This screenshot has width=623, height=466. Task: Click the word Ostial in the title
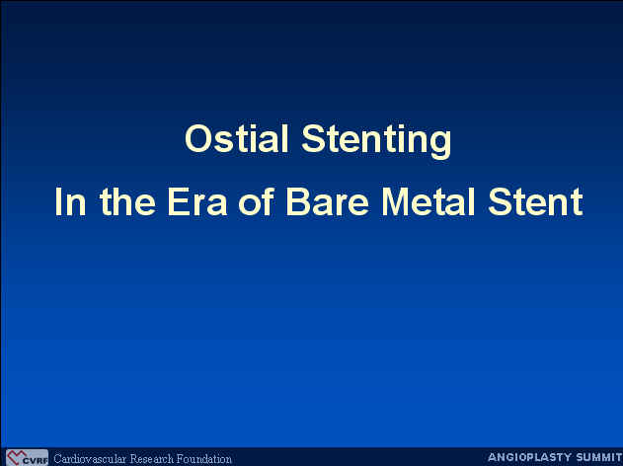(x=236, y=138)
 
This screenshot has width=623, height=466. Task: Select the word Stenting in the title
(x=376, y=141)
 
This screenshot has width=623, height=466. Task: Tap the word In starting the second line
(x=70, y=201)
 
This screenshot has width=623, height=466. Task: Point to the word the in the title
(x=127, y=201)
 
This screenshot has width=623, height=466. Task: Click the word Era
(x=197, y=201)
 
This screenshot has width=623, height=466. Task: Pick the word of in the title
(x=257, y=201)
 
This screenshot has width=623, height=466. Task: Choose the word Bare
(x=328, y=201)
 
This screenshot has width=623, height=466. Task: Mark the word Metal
(x=428, y=201)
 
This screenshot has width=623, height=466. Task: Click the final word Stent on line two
(x=535, y=201)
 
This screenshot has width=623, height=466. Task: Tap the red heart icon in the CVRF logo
(x=16, y=457)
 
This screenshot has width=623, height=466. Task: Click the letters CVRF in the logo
(x=35, y=461)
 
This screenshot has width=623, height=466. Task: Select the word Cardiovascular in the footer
(x=90, y=459)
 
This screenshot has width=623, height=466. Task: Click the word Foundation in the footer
(x=204, y=459)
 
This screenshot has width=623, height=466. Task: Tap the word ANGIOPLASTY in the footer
(x=524, y=457)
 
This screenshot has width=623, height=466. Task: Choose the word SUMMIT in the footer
(x=593, y=457)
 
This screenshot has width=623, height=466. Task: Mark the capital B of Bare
(x=298, y=201)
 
